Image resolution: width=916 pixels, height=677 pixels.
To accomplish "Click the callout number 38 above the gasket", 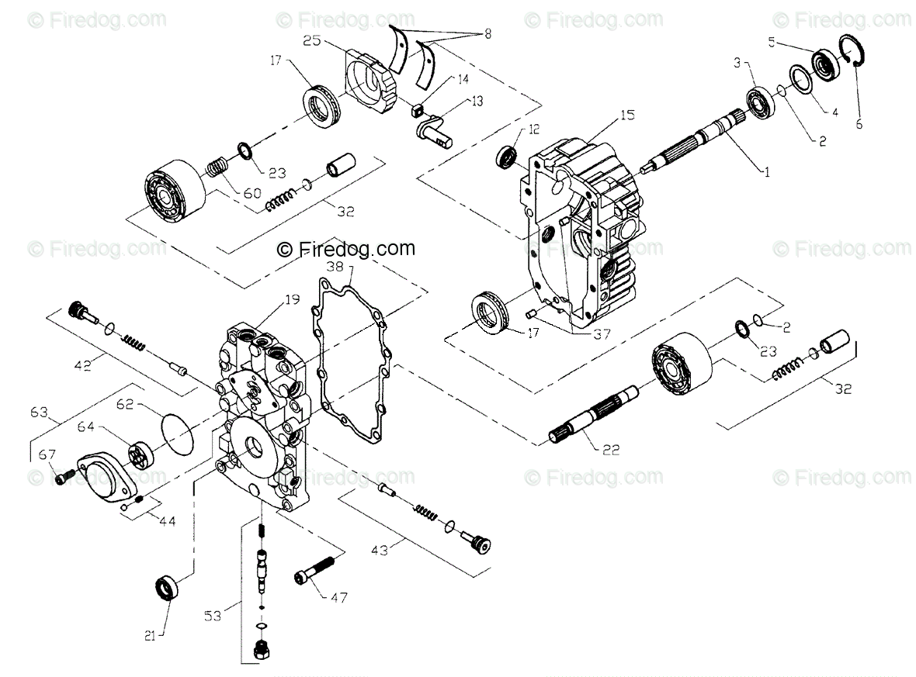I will pyautogui.click(x=334, y=266).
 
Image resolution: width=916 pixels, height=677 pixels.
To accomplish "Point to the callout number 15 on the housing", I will pyautogui.click(x=627, y=115).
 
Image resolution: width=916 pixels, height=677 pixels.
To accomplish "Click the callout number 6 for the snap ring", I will pyautogui.click(x=859, y=123).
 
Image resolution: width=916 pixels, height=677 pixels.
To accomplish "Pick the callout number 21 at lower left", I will pyautogui.click(x=151, y=636).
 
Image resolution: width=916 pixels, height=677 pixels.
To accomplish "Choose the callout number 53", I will pyautogui.click(x=212, y=616).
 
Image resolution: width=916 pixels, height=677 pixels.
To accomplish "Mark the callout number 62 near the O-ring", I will pyautogui.click(x=126, y=403).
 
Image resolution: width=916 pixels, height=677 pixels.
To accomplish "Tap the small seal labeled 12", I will pyautogui.click(x=507, y=156).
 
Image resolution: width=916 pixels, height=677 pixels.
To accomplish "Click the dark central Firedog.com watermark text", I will pyautogui.click(x=347, y=249).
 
